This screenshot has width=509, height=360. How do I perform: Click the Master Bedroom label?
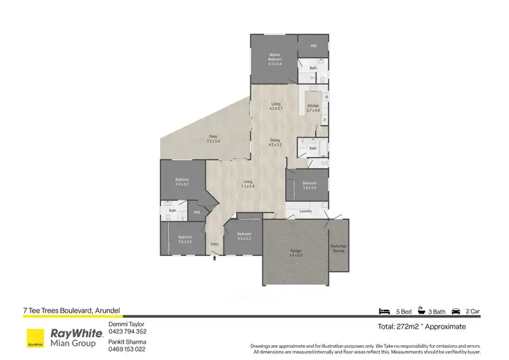275,58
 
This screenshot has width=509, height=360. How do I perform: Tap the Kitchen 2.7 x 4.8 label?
313,108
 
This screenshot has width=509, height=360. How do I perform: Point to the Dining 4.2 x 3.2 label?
275,143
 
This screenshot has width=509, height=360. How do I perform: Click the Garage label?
296,253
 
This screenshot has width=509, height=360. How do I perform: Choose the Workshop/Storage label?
339,248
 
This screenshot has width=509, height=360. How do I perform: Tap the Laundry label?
305,211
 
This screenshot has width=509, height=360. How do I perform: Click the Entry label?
214,244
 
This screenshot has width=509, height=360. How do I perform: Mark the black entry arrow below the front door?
215,257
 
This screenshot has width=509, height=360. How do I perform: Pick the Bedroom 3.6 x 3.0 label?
185,239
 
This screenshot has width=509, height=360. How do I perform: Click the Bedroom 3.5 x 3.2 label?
244,237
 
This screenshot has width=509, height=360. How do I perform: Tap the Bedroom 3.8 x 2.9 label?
309,185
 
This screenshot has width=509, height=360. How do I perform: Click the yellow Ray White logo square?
35,338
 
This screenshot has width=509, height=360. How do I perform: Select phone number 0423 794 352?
128,331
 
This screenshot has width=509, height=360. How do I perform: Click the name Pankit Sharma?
127,342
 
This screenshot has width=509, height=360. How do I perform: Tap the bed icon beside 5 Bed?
383,311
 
